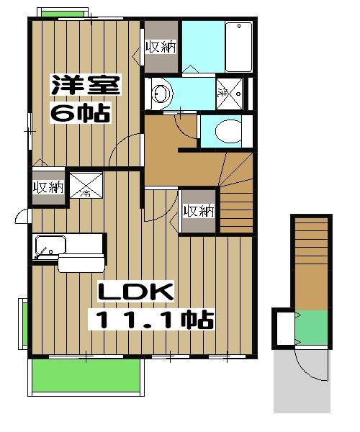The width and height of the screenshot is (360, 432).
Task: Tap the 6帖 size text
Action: click(79, 113)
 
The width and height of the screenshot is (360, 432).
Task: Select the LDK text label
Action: click(135, 292)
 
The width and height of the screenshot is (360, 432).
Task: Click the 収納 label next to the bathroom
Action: click(161, 48)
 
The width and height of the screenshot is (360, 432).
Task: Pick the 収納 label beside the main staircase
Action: click(198, 210)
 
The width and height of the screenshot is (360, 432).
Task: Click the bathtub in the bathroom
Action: click(238, 46)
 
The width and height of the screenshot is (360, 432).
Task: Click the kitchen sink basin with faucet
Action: click(49, 247)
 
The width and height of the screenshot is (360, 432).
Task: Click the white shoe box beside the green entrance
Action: click(283, 328)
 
